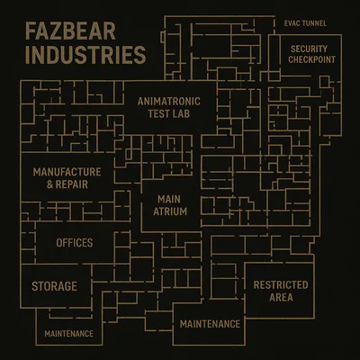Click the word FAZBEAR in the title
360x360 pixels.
(70, 31)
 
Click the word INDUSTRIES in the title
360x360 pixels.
(85, 55)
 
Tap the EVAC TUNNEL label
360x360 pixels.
(305, 23)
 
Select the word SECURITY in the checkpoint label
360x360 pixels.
(309, 49)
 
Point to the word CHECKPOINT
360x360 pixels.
(311, 59)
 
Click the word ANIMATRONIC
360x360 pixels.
(169, 102)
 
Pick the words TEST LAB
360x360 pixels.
(169, 113)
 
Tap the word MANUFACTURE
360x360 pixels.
(67, 172)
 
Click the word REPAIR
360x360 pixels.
(72, 184)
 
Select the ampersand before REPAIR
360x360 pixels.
(49, 184)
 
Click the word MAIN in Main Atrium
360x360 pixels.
(169, 199)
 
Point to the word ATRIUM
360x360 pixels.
(170, 211)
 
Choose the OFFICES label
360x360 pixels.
(75, 243)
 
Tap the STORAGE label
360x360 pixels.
(54, 286)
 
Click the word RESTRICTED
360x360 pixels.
(281, 285)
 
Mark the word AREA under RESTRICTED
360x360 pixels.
(281, 298)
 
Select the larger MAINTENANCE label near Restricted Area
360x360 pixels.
(210, 324)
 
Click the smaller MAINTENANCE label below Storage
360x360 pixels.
(68, 334)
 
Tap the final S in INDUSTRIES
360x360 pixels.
(139, 55)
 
